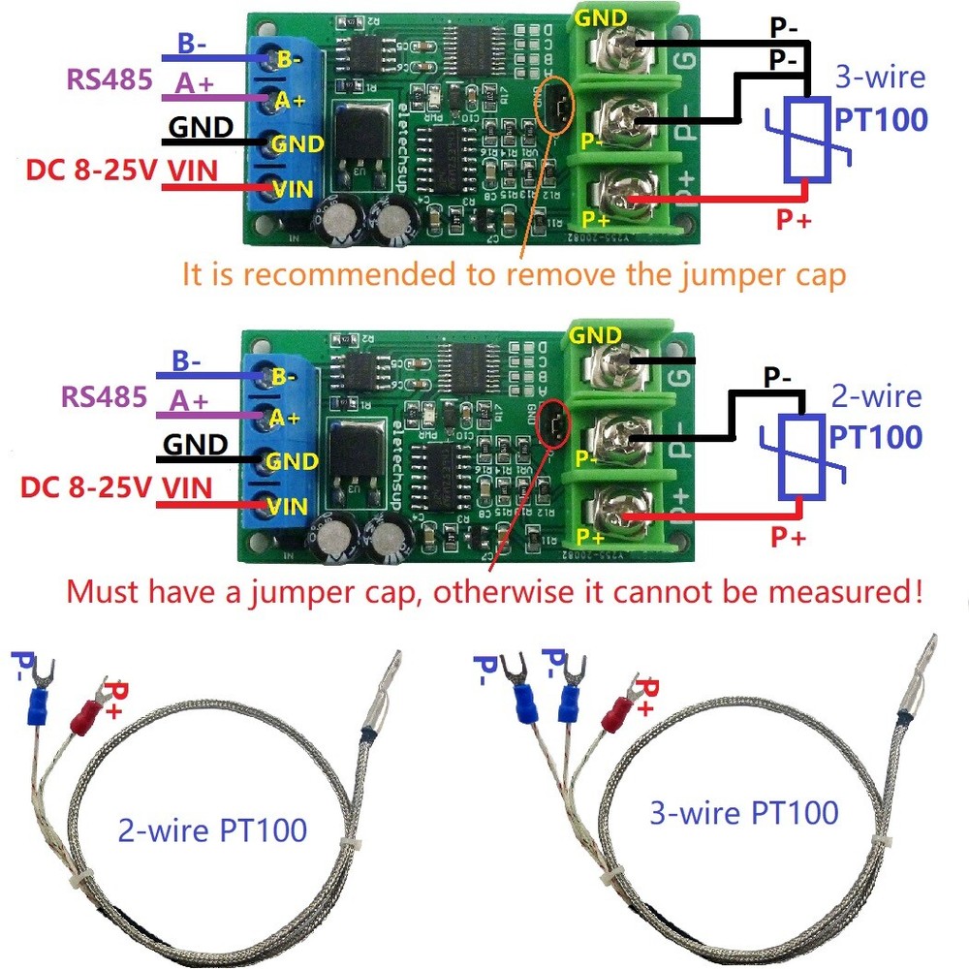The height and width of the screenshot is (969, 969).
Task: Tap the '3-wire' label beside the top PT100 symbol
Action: pos(879,78)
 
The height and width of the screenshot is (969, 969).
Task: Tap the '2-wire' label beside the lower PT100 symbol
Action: pos(876,396)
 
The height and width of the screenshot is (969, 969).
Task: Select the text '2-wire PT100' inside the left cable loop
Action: pos(212,830)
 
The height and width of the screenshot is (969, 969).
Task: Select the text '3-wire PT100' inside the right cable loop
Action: pos(743,812)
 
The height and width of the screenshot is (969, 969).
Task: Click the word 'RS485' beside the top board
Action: pos(109,78)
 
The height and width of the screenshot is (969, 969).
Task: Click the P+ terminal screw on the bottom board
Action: pos(616,507)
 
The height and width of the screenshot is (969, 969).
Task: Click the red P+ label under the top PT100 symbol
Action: pos(793,221)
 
